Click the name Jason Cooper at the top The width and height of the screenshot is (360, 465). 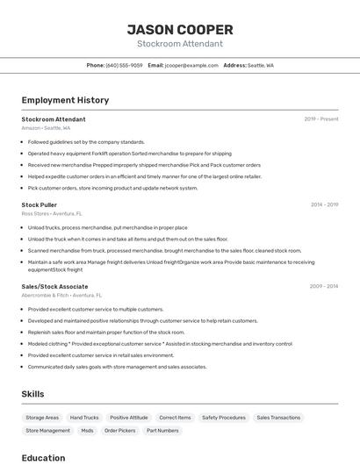(179, 29)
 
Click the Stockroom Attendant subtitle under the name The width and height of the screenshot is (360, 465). (179, 44)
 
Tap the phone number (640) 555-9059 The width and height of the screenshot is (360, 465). (124, 66)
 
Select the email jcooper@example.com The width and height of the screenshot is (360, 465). (191, 66)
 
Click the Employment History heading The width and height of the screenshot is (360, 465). (65, 100)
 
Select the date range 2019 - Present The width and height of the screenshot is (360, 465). (321, 119)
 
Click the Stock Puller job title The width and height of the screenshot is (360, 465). (40, 204)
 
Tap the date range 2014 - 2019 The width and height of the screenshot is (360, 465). (324, 204)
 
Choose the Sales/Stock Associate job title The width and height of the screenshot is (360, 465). (54, 286)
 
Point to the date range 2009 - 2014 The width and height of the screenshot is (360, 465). (324, 286)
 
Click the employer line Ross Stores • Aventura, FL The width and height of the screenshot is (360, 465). (52, 213)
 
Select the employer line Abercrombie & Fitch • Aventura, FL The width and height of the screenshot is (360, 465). (61, 295)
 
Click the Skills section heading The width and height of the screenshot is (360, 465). (32, 394)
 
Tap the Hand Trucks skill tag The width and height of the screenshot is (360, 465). (84, 418)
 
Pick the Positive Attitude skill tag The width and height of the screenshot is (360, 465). (129, 418)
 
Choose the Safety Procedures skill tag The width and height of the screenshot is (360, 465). (224, 418)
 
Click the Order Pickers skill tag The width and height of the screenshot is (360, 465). (120, 431)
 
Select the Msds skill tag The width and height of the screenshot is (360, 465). (87, 431)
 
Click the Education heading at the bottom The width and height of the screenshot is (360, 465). (43, 457)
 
